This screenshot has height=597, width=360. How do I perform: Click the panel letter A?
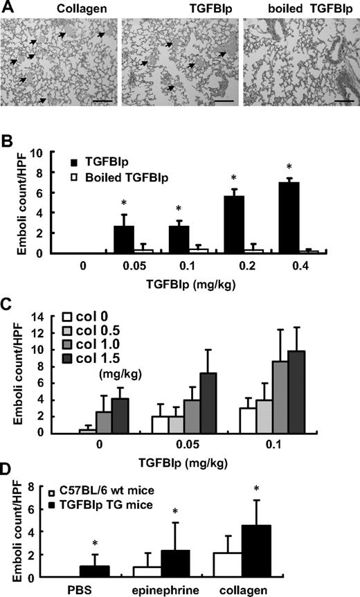[7, 8]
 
